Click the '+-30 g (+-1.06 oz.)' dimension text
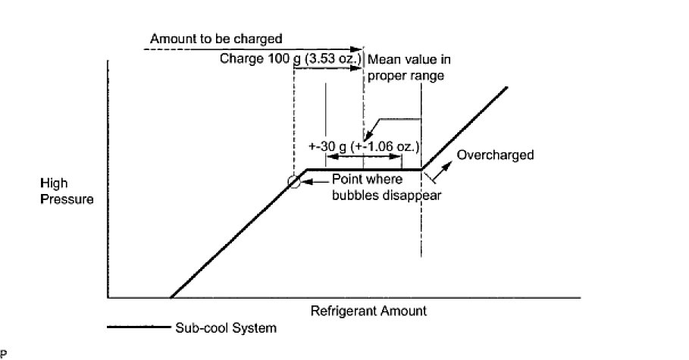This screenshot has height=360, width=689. pyautogui.click(x=364, y=146)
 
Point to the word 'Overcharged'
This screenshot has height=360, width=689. pyautogui.click(x=496, y=155)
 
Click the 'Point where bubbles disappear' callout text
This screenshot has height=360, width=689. pyautogui.click(x=387, y=187)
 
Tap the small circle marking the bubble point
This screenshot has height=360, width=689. pyautogui.click(x=293, y=182)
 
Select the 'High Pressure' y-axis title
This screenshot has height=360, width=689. pyautogui.click(x=68, y=192)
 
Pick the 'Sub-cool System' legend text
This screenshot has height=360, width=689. pyautogui.click(x=224, y=328)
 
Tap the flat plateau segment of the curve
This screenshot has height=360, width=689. pyautogui.click(x=364, y=170)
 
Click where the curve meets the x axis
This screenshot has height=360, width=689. pyautogui.click(x=171, y=296)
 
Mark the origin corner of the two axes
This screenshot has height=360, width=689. pyautogui.click(x=108, y=296)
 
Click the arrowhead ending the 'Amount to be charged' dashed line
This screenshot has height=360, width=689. pyautogui.click(x=359, y=49)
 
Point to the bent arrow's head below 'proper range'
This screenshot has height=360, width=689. pyautogui.click(x=365, y=136)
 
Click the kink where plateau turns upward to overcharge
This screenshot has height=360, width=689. pyautogui.click(x=421, y=170)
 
